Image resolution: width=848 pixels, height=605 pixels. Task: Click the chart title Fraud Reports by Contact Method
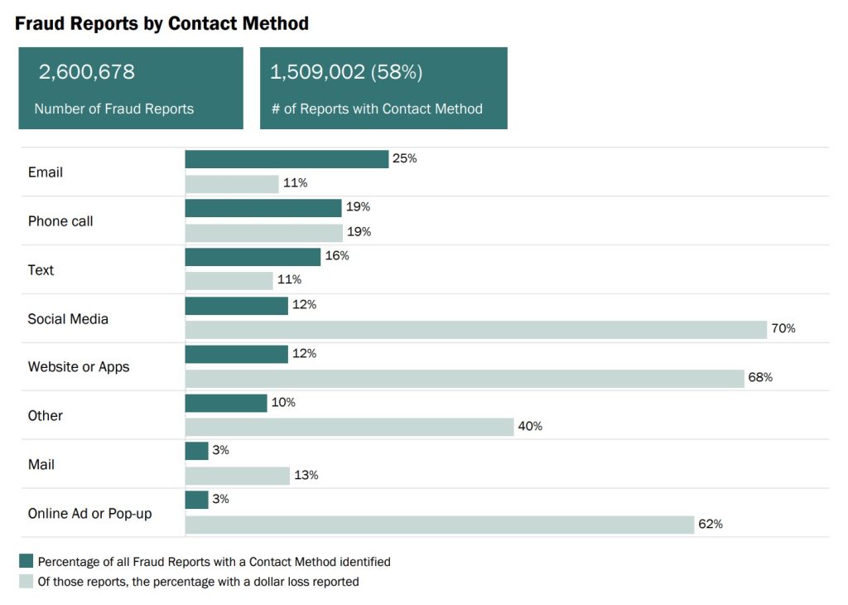click(161, 23)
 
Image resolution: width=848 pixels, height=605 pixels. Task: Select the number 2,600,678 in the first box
click(86, 72)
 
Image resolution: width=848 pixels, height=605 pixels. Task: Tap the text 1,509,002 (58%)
click(346, 72)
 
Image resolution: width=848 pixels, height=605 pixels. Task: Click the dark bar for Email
click(287, 159)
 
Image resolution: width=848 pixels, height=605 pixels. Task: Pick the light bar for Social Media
click(475, 330)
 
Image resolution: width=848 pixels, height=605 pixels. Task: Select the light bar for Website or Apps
click(465, 379)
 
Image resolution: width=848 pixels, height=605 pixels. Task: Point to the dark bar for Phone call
click(263, 208)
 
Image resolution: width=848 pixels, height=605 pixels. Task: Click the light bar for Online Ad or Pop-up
click(439, 525)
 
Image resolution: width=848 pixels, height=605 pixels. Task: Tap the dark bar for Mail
click(196, 451)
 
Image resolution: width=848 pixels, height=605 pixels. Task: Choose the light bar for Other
click(349, 427)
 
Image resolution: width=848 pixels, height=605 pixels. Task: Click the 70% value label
click(783, 329)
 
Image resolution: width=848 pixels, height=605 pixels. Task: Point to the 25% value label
click(405, 158)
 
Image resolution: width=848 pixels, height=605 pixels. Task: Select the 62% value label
click(711, 524)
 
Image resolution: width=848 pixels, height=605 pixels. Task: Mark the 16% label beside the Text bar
click(337, 256)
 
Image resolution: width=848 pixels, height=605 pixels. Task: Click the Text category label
click(41, 270)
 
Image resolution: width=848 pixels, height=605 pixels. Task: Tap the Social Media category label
click(68, 319)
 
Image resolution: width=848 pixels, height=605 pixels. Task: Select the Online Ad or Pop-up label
click(89, 514)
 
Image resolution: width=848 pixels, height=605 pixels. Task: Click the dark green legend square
click(26, 561)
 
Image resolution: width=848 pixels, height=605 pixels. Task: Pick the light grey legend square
click(26, 582)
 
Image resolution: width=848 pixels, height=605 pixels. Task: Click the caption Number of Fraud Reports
click(113, 109)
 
